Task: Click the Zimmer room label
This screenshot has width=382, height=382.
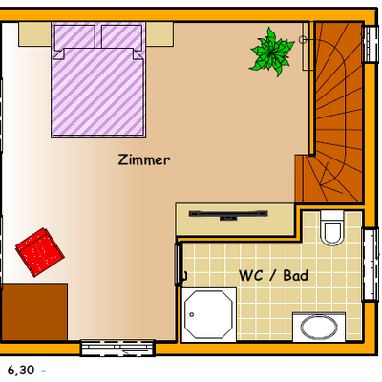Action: click(x=144, y=159)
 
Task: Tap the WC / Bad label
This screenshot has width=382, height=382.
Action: click(x=273, y=275)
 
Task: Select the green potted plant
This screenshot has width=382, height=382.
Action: click(x=271, y=53)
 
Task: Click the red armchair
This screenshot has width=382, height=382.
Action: click(x=40, y=252)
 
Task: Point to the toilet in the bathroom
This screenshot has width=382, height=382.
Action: click(x=332, y=227)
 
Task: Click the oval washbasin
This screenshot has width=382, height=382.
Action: click(x=319, y=327)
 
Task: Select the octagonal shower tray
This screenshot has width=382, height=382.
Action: click(x=209, y=315)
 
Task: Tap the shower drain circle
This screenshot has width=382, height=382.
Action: click(x=192, y=315)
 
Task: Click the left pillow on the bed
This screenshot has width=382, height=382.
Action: click(x=74, y=36)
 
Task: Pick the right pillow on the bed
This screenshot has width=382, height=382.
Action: click(x=121, y=36)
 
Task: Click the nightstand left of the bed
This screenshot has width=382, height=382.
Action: click(x=34, y=34)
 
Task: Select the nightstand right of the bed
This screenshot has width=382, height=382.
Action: click(x=159, y=34)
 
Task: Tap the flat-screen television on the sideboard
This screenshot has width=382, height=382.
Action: click(x=228, y=214)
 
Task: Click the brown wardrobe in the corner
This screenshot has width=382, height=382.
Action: click(x=34, y=311)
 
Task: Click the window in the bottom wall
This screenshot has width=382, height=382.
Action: click(x=117, y=348)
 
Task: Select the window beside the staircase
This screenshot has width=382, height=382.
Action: click(x=371, y=44)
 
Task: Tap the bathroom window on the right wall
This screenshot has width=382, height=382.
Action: click(x=371, y=265)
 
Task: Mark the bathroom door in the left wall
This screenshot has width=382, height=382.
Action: click(x=179, y=264)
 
